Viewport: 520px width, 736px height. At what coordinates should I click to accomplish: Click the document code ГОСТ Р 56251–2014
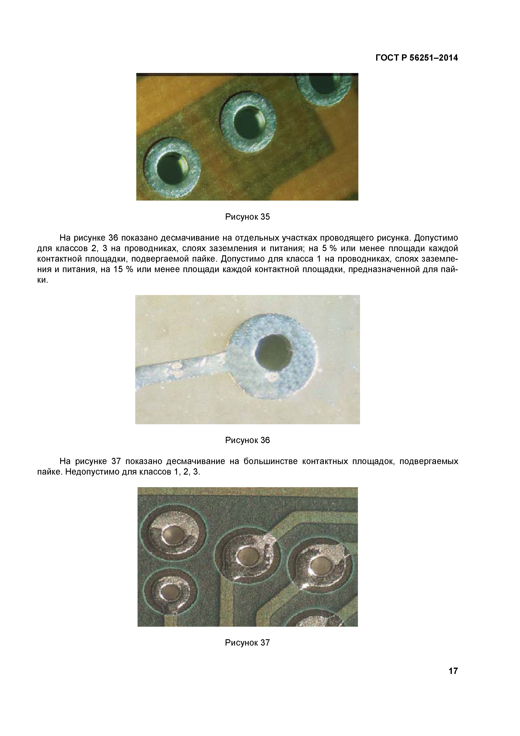[x=416, y=58]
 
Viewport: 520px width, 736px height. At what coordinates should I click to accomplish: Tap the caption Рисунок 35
[x=247, y=217]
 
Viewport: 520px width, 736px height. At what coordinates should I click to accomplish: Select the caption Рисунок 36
[x=247, y=440]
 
